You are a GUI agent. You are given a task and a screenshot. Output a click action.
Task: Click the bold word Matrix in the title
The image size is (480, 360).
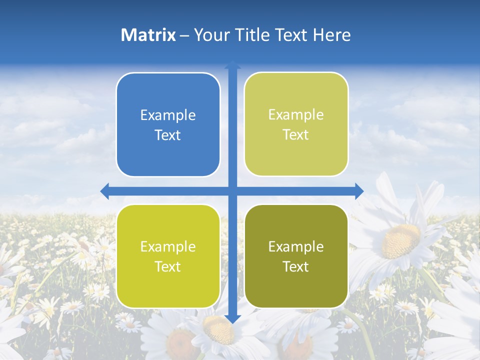click(x=148, y=35)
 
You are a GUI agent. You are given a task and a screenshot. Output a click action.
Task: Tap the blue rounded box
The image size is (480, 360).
click(x=168, y=124)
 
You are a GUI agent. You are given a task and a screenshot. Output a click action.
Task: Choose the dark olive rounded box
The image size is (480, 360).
click(x=296, y=256)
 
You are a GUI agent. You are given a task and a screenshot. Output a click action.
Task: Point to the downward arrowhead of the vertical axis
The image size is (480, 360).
click(x=232, y=318)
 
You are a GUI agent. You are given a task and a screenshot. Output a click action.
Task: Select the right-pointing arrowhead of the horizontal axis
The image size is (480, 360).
click(x=358, y=190)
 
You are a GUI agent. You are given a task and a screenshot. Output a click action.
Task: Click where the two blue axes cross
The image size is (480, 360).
click(x=232, y=190)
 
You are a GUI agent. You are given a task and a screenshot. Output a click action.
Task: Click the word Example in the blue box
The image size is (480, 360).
click(x=168, y=115)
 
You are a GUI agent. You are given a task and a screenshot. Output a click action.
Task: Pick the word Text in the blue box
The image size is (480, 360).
click(x=168, y=135)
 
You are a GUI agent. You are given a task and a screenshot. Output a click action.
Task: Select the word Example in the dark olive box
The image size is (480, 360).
click(x=296, y=246)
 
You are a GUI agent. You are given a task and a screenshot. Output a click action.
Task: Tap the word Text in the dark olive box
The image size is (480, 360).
click(x=296, y=266)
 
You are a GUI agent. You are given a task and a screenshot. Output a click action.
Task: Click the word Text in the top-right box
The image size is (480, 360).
click(x=296, y=135)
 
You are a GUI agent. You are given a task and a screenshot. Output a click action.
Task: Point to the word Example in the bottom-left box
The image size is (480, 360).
click(x=168, y=246)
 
